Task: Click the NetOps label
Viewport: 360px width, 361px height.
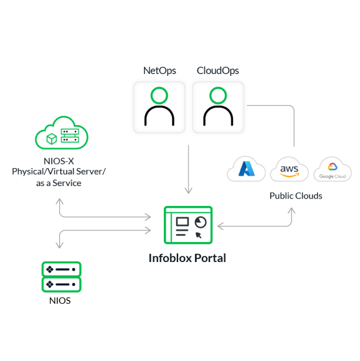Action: pos(159,71)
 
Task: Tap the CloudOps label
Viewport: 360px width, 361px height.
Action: pos(217,71)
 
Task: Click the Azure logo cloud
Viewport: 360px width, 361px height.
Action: pos(246,169)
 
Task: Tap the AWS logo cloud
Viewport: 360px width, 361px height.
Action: pos(289,170)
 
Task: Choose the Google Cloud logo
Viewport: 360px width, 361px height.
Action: pos(333,170)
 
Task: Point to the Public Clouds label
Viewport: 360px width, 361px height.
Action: pos(296,196)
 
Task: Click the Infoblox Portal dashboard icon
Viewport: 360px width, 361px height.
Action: pos(188,225)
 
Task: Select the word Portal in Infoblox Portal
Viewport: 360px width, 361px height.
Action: pos(210,258)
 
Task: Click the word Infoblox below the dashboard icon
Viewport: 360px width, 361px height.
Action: pos(170,258)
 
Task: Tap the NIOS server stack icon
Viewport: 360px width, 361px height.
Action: pos(61,277)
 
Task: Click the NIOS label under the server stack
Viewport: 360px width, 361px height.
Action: pos(60,301)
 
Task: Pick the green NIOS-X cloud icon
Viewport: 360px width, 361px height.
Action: pos(62,133)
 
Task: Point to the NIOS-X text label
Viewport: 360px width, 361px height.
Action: pos(59,161)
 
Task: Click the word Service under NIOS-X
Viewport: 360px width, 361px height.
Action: pos(67,183)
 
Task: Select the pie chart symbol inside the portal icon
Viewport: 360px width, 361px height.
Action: pos(201,222)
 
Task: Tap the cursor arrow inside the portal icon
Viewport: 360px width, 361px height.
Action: pos(198,235)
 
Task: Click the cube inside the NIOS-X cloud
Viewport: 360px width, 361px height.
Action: pos(52,139)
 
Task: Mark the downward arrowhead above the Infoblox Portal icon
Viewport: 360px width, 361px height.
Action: pos(188,190)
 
